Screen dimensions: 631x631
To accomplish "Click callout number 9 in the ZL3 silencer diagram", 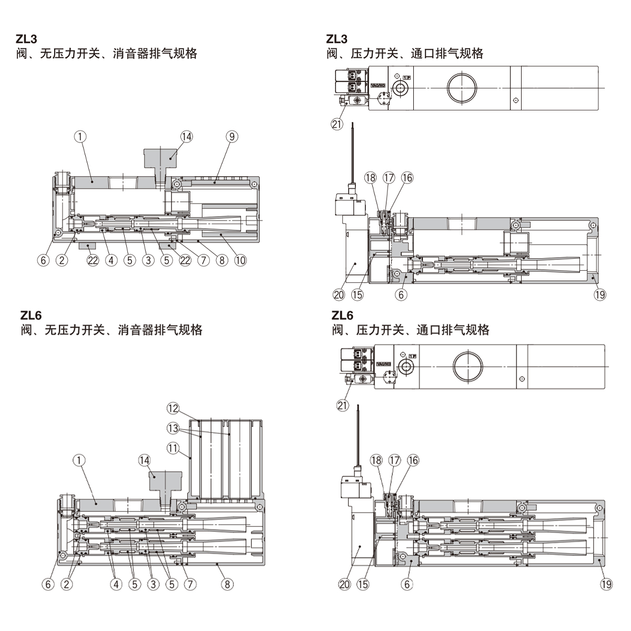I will point(232,137).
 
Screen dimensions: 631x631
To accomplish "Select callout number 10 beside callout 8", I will point(240,260).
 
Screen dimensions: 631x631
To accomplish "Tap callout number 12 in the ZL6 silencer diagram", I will point(174,408).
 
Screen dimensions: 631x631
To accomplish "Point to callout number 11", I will point(174,448).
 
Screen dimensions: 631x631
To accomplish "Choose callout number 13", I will point(174,428).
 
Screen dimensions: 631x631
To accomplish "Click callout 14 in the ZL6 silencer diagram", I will point(144,461).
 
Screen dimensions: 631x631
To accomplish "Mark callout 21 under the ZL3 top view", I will point(337,124).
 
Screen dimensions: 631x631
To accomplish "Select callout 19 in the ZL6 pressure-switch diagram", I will point(606,584).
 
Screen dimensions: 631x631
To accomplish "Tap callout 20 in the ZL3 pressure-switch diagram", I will point(339,294).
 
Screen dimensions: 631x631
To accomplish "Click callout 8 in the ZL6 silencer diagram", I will point(227,584).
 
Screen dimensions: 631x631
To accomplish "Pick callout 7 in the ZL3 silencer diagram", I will point(203,260).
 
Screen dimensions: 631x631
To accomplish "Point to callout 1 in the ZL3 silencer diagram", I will point(79,137).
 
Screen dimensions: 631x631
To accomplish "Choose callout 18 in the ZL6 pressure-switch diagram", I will point(375,461).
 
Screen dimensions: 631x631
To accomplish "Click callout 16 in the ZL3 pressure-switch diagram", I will point(408,178).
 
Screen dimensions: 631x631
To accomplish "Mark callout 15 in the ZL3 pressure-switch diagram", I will point(357,294).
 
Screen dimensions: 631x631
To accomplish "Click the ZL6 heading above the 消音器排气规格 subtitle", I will point(31,315).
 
